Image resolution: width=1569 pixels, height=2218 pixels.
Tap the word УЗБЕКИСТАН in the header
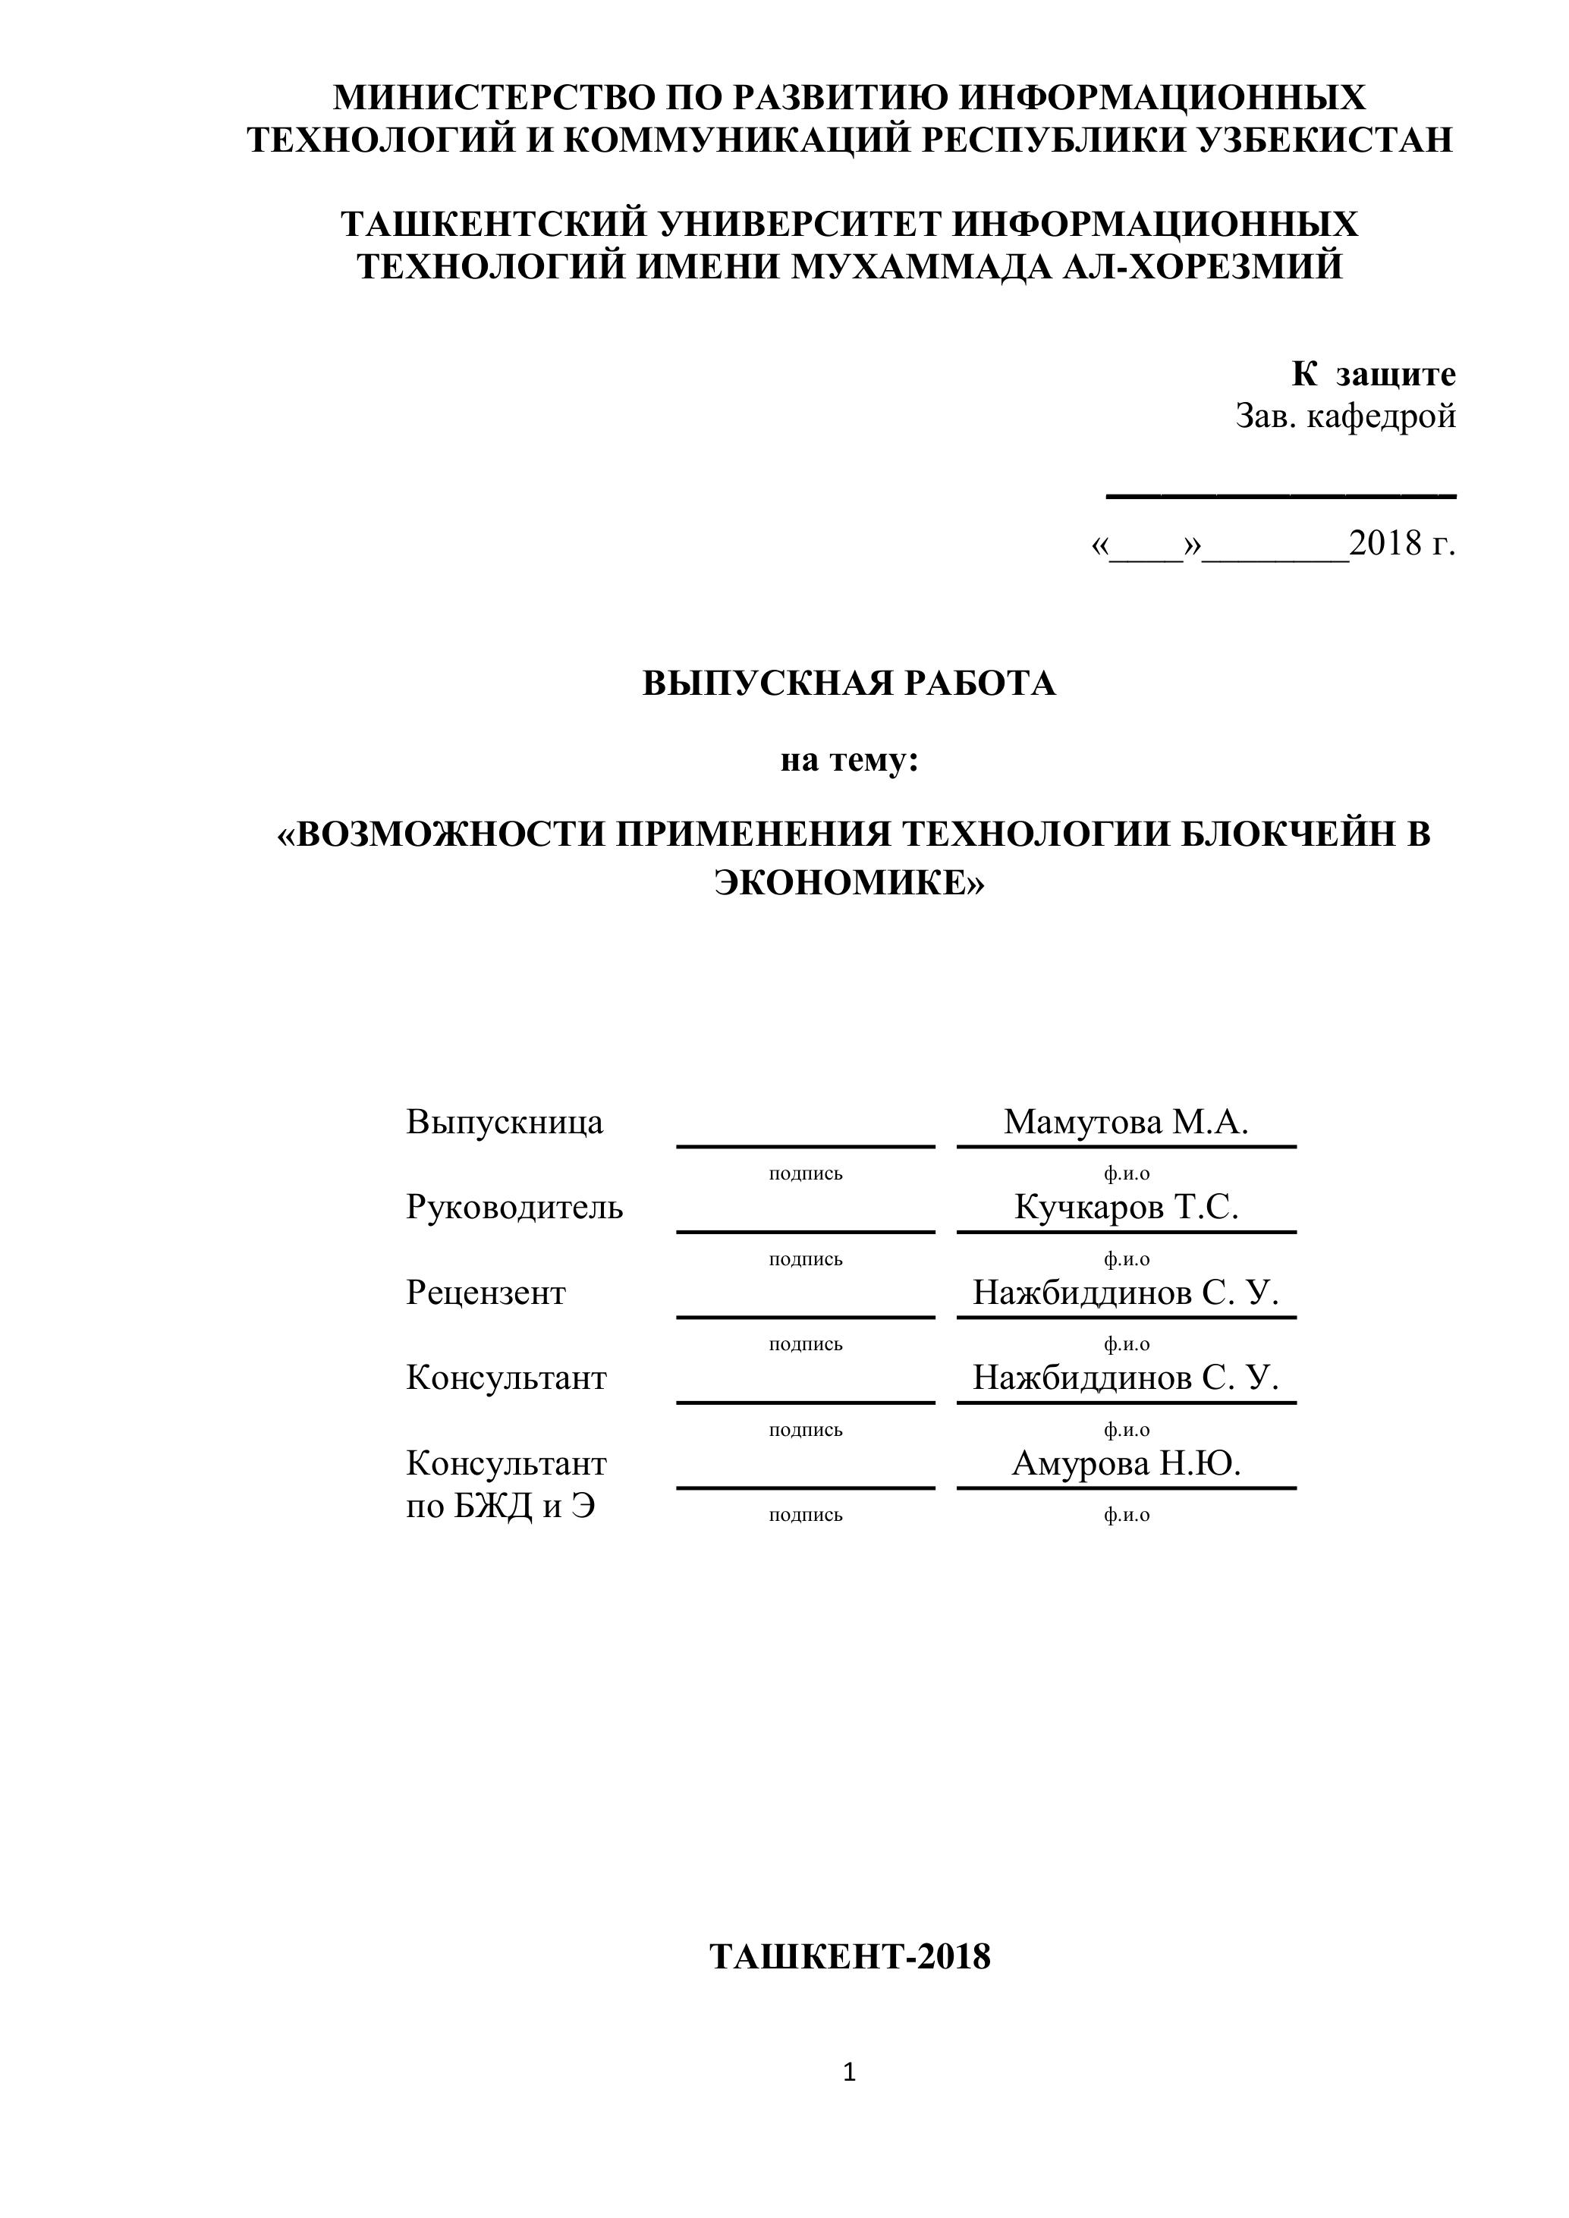click(x=1325, y=141)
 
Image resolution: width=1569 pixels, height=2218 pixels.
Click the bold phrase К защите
click(x=1373, y=374)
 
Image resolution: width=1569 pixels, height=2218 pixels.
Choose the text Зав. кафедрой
click(x=1345, y=416)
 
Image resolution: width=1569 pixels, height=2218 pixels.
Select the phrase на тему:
click(x=849, y=762)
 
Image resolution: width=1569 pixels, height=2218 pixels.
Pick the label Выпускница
click(x=505, y=1123)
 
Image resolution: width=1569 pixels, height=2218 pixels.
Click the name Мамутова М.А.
click(x=1126, y=1123)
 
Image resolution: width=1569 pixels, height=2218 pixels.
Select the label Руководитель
click(x=514, y=1208)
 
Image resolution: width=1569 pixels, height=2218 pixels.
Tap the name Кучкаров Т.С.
click(x=1126, y=1208)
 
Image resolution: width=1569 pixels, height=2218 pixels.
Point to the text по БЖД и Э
click(x=499, y=1507)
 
